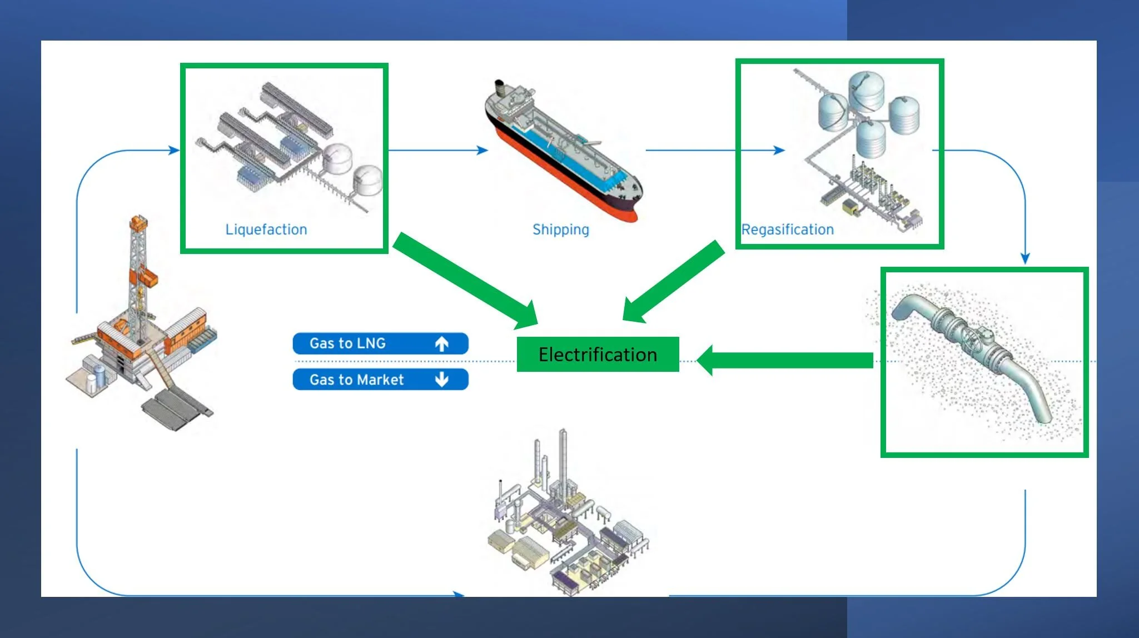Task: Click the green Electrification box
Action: pos(598,354)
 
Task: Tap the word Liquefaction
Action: pos(266,230)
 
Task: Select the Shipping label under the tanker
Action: pos(560,230)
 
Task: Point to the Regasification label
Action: pos(787,230)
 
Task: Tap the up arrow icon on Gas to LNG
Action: pos(442,344)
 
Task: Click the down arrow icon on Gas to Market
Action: pos(442,380)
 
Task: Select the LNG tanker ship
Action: pos(561,150)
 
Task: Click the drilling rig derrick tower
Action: pos(137,267)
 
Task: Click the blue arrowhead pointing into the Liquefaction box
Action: pos(174,150)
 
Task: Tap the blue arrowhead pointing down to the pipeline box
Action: pos(1025,258)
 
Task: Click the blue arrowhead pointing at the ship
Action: pos(483,150)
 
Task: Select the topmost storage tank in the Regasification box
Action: pos(866,89)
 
